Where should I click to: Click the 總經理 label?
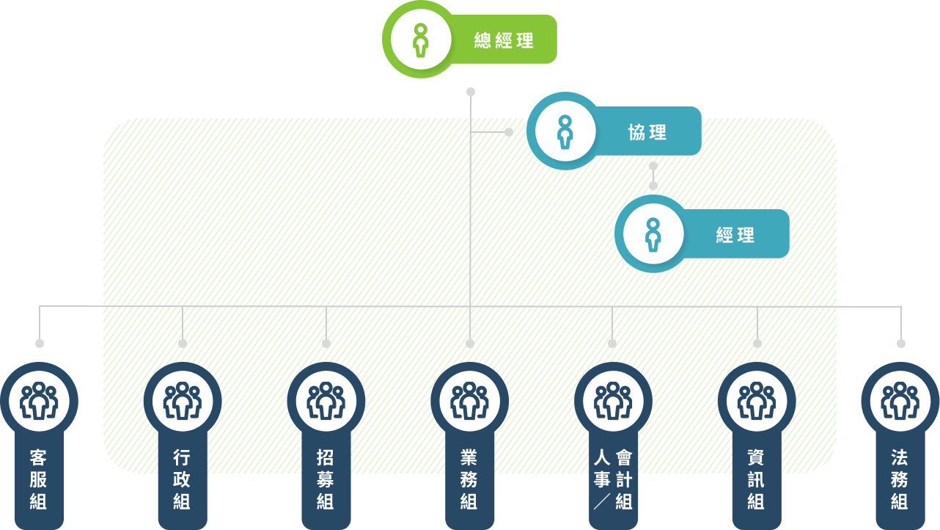click(504, 40)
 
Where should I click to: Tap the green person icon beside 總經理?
click(419, 40)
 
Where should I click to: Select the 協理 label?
click(647, 132)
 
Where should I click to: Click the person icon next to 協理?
click(565, 131)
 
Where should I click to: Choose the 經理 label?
click(735, 235)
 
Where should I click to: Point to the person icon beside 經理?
click(653, 234)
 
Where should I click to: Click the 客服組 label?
click(38, 480)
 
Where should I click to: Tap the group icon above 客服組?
click(39, 401)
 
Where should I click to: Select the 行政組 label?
click(182, 480)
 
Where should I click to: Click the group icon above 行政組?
click(183, 401)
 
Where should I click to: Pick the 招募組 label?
click(326, 480)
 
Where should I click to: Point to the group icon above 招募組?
click(326, 401)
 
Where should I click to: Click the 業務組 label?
click(469, 480)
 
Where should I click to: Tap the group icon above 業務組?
click(469, 401)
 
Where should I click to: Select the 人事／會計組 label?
click(613, 480)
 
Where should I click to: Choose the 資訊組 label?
click(756, 480)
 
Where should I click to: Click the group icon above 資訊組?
click(756, 401)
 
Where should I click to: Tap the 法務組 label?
click(900, 480)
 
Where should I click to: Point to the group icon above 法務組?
click(900, 401)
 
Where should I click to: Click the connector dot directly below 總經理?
click(471, 92)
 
